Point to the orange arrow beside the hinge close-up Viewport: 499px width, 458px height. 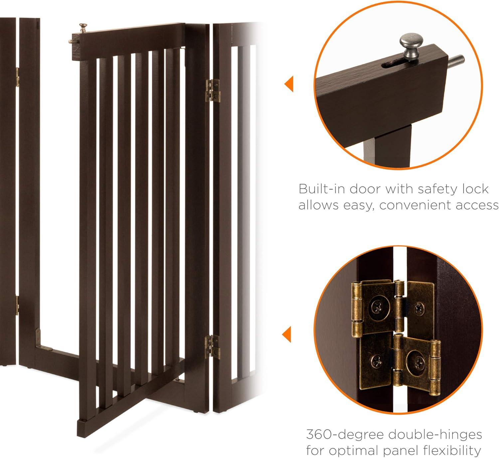[x=286, y=335]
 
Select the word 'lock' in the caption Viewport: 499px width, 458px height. [x=476, y=189]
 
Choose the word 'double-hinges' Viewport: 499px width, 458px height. [x=434, y=435]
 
